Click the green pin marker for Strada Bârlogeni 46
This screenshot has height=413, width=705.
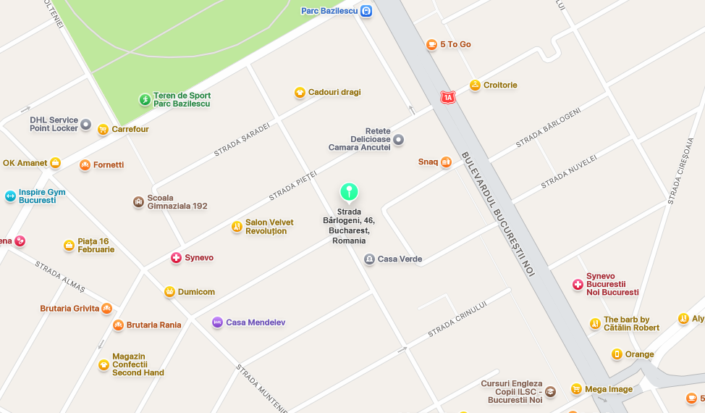click(x=349, y=192)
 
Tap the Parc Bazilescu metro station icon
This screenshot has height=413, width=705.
click(x=366, y=11)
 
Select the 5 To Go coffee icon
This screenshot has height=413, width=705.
click(x=431, y=44)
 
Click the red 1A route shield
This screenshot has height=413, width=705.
click(x=448, y=96)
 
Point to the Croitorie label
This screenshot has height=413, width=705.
click(x=500, y=85)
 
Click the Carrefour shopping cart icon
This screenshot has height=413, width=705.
click(x=103, y=129)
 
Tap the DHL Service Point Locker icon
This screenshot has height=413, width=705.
click(x=85, y=125)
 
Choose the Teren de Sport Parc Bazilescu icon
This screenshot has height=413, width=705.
click(x=145, y=99)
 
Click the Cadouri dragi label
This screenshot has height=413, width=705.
click(x=334, y=92)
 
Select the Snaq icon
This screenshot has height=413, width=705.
click(x=446, y=162)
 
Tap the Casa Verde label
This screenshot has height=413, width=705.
click(x=400, y=259)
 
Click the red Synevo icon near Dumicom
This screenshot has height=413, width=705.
click(x=176, y=257)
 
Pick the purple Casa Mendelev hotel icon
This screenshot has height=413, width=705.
click(x=217, y=322)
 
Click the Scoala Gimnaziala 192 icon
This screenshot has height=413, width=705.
click(x=138, y=201)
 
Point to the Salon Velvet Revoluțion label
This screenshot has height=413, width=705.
click(x=269, y=227)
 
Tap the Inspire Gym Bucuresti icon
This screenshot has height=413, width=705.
click(x=10, y=196)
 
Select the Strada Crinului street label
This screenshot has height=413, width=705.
click(x=457, y=320)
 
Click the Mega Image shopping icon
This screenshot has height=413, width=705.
click(x=576, y=389)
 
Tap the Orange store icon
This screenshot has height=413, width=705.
click(x=617, y=354)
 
